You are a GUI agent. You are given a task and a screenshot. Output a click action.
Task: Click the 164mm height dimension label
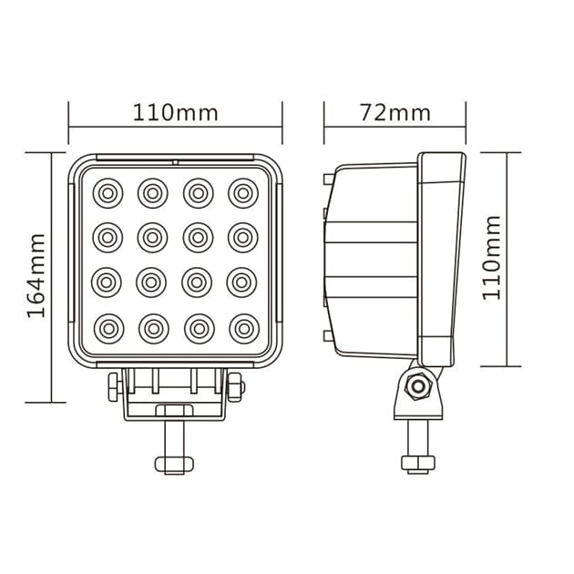[x=36, y=275]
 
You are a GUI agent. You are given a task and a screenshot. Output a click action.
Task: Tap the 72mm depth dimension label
[x=395, y=112]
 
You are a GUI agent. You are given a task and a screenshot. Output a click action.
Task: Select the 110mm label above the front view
[x=175, y=112]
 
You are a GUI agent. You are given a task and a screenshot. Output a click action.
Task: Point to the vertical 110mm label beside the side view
[x=491, y=258]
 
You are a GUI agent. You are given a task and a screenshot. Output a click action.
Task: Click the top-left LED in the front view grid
[x=108, y=193]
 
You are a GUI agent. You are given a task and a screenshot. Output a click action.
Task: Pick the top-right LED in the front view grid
[x=243, y=193]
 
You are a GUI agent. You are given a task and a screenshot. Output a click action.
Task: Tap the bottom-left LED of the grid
[x=108, y=329]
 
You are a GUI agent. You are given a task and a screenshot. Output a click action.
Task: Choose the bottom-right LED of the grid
[x=244, y=329]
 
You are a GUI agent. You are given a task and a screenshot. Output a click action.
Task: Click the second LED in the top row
[x=153, y=193]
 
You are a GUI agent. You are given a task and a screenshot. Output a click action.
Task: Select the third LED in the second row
[x=198, y=238]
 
